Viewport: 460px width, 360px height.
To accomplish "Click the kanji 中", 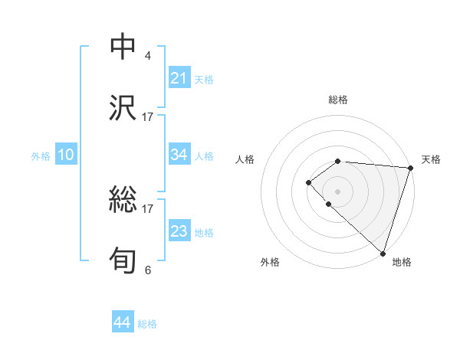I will click(123, 47).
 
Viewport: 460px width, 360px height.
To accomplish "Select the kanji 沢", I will click(123, 108).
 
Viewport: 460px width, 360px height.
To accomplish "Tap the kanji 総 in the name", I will click(123, 200).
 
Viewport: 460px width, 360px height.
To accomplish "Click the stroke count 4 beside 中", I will click(148, 56).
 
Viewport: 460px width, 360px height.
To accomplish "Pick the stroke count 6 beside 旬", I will click(148, 269).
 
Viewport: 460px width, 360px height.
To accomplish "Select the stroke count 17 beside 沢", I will click(148, 116).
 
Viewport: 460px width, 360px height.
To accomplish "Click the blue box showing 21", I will click(179, 78).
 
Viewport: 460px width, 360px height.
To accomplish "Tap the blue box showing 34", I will click(179, 155).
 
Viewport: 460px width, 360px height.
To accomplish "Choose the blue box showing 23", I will click(179, 231).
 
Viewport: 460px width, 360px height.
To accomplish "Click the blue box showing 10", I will click(66, 155).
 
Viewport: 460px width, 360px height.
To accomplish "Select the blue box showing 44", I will click(122, 323).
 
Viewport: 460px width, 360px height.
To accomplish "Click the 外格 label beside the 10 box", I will click(41, 155).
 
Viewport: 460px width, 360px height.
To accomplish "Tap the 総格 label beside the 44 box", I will click(147, 324).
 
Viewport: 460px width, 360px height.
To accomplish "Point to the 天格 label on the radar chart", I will click(431, 159).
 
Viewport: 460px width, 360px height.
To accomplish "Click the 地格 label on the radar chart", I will click(402, 262).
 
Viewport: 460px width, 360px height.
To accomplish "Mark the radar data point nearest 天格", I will click(410, 167).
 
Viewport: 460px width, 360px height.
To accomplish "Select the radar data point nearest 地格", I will click(383, 252).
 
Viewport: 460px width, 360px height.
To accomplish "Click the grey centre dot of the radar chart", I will click(337, 191).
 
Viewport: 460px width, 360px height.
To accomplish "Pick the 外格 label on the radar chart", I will click(270, 262).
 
